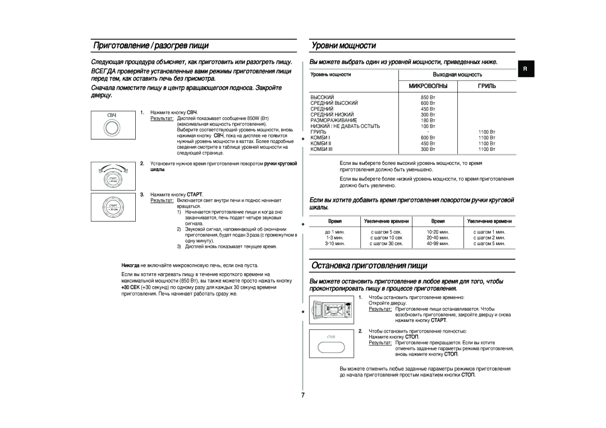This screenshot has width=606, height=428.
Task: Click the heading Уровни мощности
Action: tap(343, 45)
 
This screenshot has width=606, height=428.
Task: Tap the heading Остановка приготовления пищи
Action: tap(369, 265)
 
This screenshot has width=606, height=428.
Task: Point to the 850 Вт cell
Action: tap(428, 98)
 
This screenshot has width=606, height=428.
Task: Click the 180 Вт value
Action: tap(428, 121)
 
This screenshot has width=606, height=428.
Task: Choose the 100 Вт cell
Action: tap(428, 126)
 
